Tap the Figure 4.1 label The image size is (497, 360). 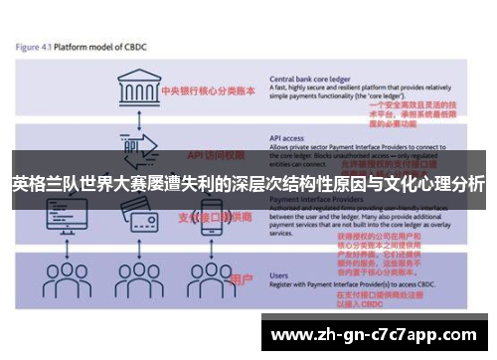tap(36, 47)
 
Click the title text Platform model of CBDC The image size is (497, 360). tap(106, 47)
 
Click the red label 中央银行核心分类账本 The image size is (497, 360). tap(208, 87)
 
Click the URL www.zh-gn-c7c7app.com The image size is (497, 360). tap(374, 334)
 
